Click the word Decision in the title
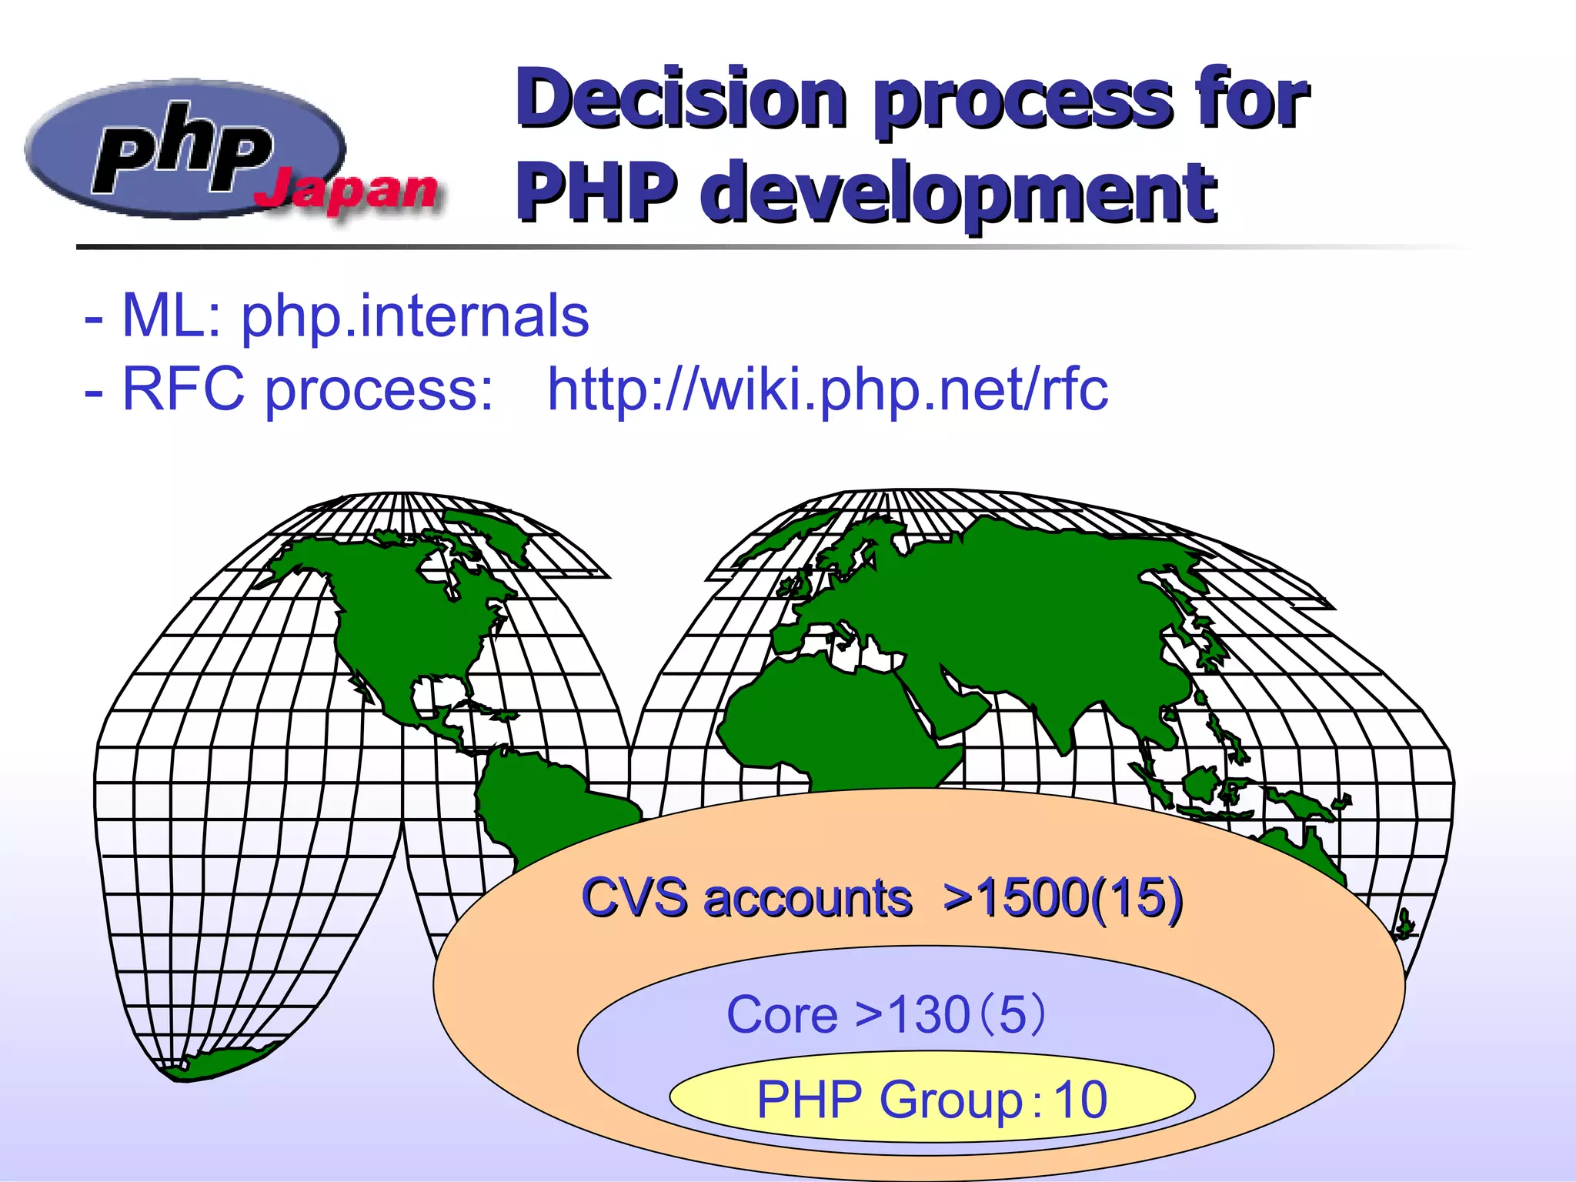pyautogui.click(x=682, y=100)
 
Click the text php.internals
pyautogui.click(x=415, y=316)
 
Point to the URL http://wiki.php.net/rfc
pyautogui.click(x=827, y=389)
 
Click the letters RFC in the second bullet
pyautogui.click(x=183, y=389)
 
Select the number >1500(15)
pyautogui.click(x=1063, y=898)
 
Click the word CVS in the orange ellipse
pyautogui.click(x=634, y=898)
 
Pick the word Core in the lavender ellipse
pyautogui.click(x=781, y=1015)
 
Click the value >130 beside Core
pyautogui.click(x=913, y=1015)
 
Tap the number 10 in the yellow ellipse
pyautogui.click(x=1080, y=1100)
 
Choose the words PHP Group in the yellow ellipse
pyautogui.click(x=890, y=1100)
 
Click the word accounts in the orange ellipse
pyautogui.click(x=808, y=898)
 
